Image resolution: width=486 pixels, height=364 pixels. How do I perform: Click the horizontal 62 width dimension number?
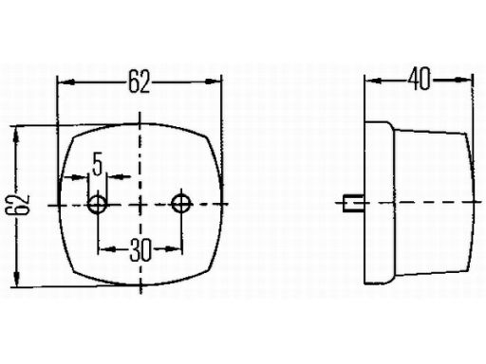(x=139, y=82)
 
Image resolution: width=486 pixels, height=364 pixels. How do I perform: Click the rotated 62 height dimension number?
(x=18, y=206)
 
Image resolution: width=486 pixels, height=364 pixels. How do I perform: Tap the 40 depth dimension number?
(x=420, y=79)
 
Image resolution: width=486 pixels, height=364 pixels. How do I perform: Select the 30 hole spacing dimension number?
(x=140, y=250)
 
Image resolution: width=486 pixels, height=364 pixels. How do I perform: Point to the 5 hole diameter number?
(x=98, y=163)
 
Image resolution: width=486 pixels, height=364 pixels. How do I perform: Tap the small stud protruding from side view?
(x=353, y=204)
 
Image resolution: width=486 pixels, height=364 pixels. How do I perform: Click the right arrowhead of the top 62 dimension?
(x=213, y=82)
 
